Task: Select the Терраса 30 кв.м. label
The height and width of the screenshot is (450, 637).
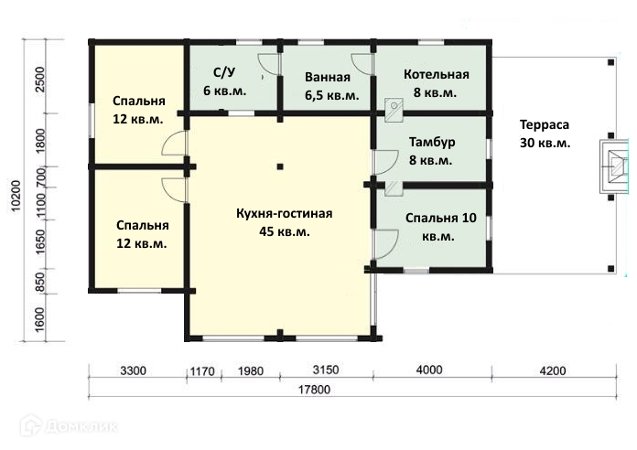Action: click(545, 134)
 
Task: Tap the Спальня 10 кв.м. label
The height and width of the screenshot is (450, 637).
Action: click(440, 227)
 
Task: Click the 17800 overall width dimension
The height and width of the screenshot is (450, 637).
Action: click(314, 390)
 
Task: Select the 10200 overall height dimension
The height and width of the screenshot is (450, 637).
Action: click(16, 196)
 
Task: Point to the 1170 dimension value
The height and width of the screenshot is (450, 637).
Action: click(202, 371)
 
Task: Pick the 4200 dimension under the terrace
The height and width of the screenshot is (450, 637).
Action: click(554, 370)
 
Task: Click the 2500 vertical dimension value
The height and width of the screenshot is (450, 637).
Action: click(40, 80)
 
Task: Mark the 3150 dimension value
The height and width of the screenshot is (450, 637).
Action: click(326, 370)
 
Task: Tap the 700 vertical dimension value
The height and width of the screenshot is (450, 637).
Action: click(42, 177)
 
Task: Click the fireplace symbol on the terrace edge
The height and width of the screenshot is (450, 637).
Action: click(615, 166)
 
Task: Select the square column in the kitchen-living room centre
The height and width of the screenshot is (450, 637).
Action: click(280, 166)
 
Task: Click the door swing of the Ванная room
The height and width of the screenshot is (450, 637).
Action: click(362, 64)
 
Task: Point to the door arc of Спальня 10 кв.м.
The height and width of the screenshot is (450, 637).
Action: click(386, 244)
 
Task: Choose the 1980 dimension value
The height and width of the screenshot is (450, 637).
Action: click(251, 371)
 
